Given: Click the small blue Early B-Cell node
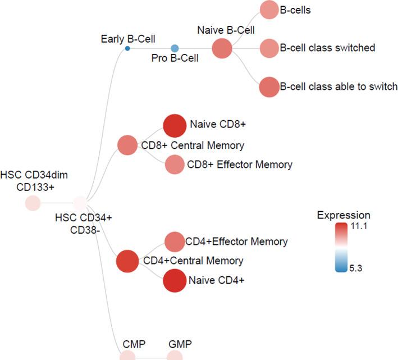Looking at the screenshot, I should tap(127, 49).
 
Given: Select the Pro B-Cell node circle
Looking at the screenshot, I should tap(175, 49).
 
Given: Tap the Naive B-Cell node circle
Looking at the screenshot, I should tap(222, 49).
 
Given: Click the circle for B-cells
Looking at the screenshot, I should tap(269, 10).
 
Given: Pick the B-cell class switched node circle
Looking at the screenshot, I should tap(269, 48).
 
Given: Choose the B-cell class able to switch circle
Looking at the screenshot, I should tap(269, 87).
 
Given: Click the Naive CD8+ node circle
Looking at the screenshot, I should tap(174, 125).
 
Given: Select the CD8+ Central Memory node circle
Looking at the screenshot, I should tap(127, 145).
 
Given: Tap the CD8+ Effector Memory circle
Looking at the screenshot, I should tap(175, 165).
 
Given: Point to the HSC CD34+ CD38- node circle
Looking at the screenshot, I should tap(80, 203).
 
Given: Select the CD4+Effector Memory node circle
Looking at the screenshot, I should tap(175, 241).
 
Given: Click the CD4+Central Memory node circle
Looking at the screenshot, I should tap(127, 261).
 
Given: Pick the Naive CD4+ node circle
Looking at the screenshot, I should tap(174, 281).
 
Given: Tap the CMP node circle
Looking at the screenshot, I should tap(127, 356).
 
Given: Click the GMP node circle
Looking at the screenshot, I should tap(175, 356).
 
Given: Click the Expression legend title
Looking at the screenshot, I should tap(343, 215).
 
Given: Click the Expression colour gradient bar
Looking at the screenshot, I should tap(342, 247).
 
